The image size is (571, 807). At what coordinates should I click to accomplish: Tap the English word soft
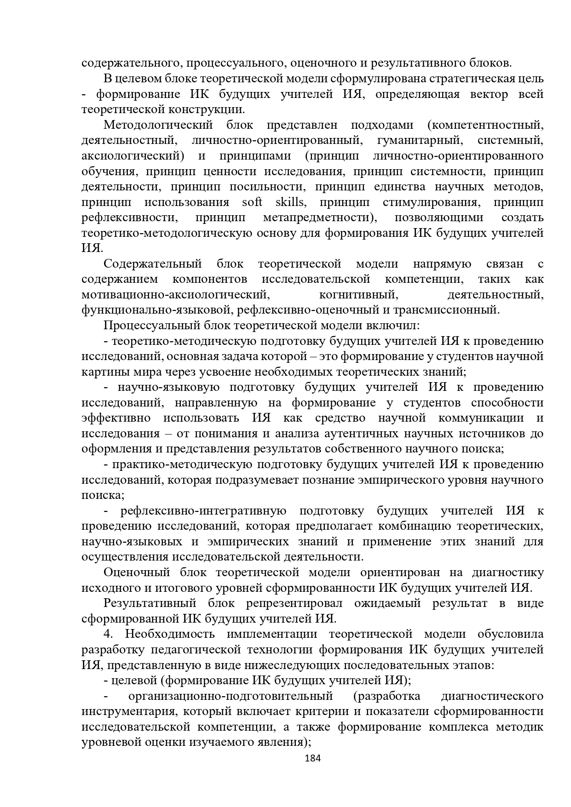tap(252, 202)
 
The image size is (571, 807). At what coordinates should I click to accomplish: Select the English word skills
tap(290, 202)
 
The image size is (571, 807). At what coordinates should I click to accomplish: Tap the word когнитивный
tap(358, 294)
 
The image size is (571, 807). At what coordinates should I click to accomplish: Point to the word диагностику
tap(508, 572)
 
